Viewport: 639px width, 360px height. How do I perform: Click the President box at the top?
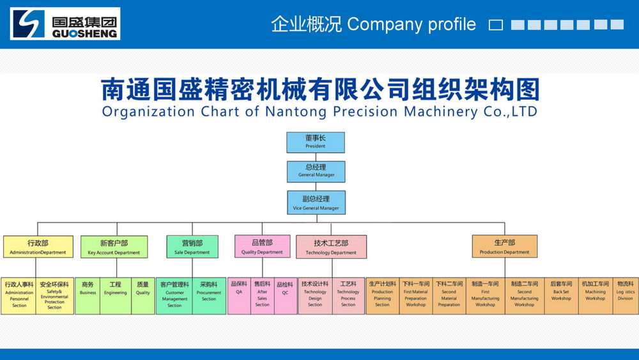pyautogui.click(x=316, y=142)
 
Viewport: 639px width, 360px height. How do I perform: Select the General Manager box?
pyautogui.click(x=316, y=171)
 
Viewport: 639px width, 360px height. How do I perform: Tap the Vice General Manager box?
pyautogui.click(x=316, y=202)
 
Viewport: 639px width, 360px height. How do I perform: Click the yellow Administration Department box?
pyautogui.click(x=38, y=247)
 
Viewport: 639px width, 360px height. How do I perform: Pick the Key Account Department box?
pyautogui.click(x=114, y=247)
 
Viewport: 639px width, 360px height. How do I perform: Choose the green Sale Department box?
pyautogui.click(x=192, y=247)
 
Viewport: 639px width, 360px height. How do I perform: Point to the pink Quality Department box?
pyautogui.click(x=262, y=247)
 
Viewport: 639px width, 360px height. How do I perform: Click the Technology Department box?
pyautogui.click(x=331, y=247)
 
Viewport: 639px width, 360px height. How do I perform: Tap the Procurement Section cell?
pyautogui.click(x=209, y=295)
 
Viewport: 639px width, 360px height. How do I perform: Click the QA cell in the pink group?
pyautogui.click(x=239, y=295)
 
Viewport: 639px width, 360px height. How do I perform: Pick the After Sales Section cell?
pyautogui.click(x=262, y=295)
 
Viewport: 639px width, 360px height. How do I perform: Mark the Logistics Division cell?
pyautogui.click(x=625, y=295)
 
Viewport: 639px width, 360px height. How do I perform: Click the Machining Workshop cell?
pyautogui.click(x=595, y=295)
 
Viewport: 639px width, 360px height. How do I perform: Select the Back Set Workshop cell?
pyautogui.click(x=561, y=295)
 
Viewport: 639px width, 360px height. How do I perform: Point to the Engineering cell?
pyautogui.click(x=115, y=295)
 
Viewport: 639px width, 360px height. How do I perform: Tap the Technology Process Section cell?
pyautogui.click(x=348, y=295)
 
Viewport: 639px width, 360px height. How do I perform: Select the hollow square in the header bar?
pyautogui.click(x=496, y=25)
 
